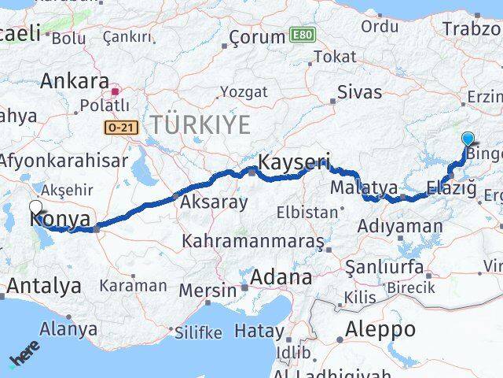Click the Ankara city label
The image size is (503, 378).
pos(75,81)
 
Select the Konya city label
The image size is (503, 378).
pos(61,219)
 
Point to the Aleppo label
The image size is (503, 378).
pos(382,329)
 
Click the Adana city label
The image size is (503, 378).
pos(281,277)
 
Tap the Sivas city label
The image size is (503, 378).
pos(359,91)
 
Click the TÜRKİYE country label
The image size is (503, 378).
pos(201,124)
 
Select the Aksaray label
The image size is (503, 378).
pos(214,202)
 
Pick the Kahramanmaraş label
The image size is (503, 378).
pos(252,240)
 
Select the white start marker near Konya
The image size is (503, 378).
pos(35,207)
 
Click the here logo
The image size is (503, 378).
pos(25,357)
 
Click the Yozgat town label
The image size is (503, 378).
pos(239,92)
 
